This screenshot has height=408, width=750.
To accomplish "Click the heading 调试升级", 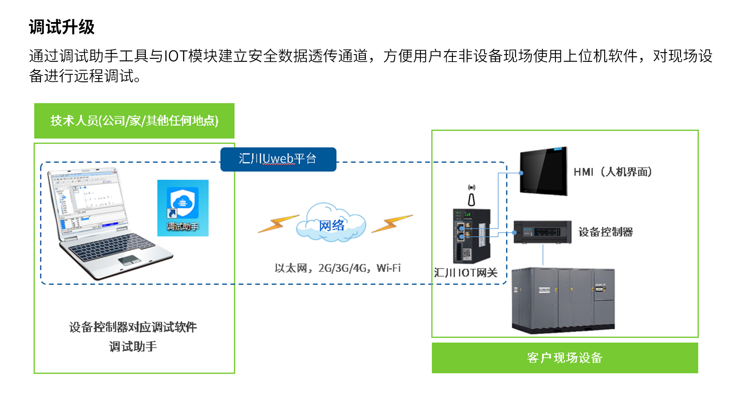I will point(62,27).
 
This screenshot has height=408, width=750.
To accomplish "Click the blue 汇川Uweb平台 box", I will point(278,159).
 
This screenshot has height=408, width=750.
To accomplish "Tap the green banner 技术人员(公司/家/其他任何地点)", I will point(134,121).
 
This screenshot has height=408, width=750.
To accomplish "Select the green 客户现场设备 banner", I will point(565,358).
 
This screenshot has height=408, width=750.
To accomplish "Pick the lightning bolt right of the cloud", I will point(391,224).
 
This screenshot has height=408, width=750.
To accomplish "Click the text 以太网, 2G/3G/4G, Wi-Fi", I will point(337,268).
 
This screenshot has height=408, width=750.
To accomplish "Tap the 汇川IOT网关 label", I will point(465,273).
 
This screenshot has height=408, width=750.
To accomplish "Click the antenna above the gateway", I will point(471,197).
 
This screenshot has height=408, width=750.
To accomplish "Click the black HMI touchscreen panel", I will point(544,171).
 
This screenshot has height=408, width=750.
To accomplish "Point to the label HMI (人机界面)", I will point(612,172).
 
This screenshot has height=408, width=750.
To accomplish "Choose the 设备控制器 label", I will point(605,232).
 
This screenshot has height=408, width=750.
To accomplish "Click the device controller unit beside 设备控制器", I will point(542,232).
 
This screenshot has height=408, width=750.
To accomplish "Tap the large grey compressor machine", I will point(563,300).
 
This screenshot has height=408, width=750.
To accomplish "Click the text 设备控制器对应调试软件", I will point(133,327).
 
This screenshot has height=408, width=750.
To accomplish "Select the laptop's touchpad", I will point(129,260).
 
